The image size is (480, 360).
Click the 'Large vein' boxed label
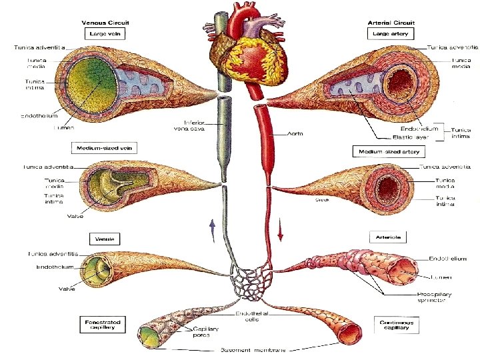click(105, 33)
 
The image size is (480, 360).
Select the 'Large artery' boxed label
click(391, 33)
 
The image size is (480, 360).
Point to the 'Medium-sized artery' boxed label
click(389, 152)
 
